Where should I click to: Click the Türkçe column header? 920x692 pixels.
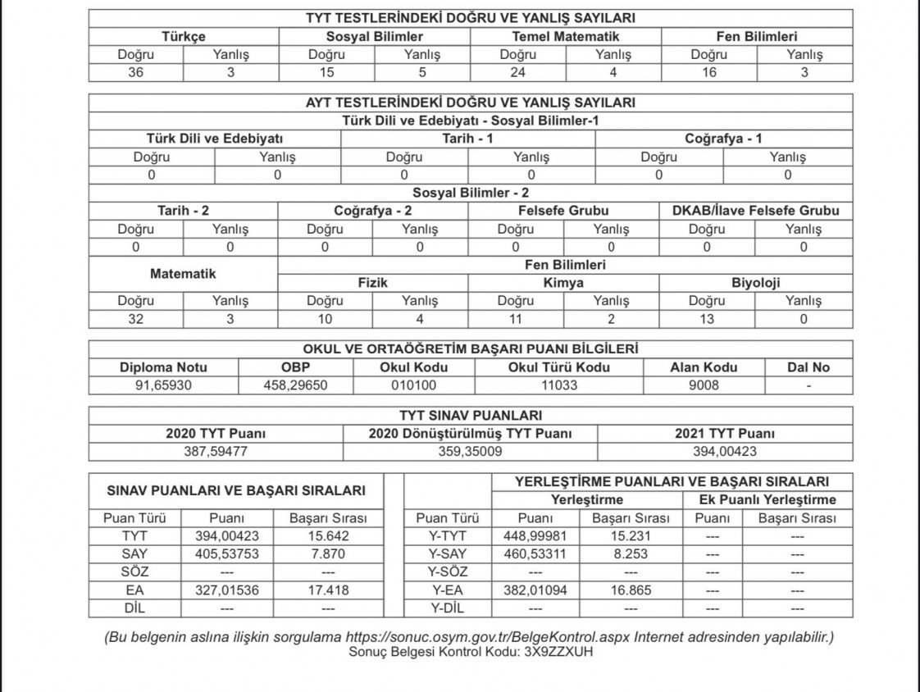184,36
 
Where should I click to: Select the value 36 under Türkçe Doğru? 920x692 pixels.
136,72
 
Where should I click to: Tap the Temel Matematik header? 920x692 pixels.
566,36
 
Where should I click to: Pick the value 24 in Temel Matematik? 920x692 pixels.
518,72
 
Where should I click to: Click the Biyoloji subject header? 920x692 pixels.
755,283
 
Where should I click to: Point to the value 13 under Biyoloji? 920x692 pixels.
707,319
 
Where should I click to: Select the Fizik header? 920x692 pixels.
373,283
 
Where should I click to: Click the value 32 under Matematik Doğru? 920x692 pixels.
136,319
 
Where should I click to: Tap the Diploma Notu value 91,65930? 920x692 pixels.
163,385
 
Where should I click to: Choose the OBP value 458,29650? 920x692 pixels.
296,385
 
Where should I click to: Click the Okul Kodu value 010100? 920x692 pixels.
414,385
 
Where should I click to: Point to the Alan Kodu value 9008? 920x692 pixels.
704,385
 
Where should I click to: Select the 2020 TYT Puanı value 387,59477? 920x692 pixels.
216,452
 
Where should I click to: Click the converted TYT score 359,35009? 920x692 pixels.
470,452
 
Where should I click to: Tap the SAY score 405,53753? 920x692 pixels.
226,554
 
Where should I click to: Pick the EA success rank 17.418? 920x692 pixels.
328,590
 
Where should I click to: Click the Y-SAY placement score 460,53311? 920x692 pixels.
535,554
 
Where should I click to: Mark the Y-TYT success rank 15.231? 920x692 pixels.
631,536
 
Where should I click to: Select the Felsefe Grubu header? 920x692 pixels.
564,211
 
